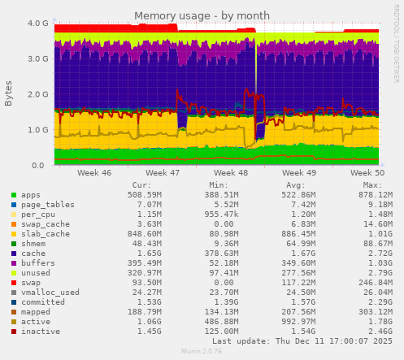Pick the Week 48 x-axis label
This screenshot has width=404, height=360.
click(232, 173)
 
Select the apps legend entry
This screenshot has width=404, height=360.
click(30, 195)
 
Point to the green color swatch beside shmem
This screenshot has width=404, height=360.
click(14, 244)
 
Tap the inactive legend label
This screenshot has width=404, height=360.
click(40, 332)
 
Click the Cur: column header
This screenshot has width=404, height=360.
click(141, 185)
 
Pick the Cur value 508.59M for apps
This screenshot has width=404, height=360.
click(146, 195)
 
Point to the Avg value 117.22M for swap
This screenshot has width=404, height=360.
click(300, 283)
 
